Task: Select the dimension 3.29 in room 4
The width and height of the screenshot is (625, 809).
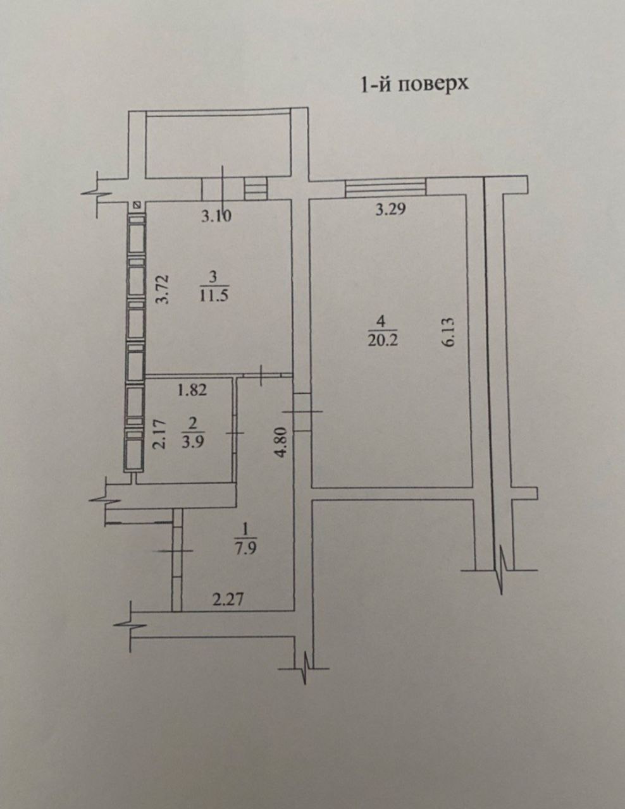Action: click(390, 210)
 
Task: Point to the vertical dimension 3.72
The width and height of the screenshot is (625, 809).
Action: click(163, 289)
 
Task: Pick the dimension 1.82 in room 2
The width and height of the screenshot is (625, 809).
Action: click(192, 390)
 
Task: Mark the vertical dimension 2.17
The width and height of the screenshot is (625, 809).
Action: click(159, 435)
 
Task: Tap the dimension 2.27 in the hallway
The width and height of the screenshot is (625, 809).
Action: click(228, 600)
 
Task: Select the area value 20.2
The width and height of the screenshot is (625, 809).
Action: click(383, 339)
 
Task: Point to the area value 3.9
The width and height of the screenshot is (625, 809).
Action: click(192, 443)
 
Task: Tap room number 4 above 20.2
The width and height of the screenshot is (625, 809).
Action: click(383, 321)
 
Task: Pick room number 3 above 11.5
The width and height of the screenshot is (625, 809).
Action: click(213, 277)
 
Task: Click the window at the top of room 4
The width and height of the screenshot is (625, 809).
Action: click(385, 187)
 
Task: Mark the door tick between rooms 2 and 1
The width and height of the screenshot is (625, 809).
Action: click(235, 433)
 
